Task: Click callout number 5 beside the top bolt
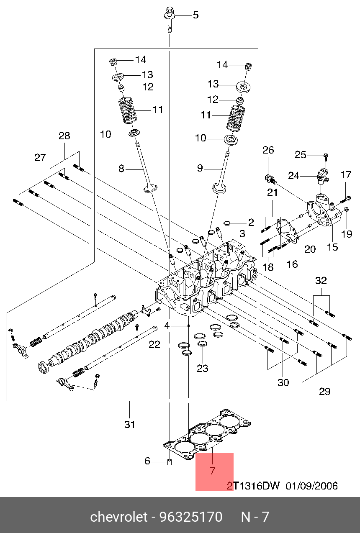pos(195,15)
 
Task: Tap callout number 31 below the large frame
pos(130,424)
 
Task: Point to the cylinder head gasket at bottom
pos(207,437)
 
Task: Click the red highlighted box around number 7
pos(214,471)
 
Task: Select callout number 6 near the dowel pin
pos(147,461)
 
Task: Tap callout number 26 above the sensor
pos(268,150)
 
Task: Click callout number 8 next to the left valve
pos(121,169)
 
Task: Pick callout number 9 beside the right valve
pos(200,168)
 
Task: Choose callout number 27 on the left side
pos(40,158)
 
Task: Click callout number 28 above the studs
pos(64,136)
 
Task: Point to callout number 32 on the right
pos(321,281)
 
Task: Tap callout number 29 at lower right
pos(324,391)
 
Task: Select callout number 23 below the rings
pos(203,368)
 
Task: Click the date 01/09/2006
pos(311,486)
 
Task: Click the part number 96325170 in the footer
pos(190,517)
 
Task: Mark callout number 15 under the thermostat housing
pos(332,247)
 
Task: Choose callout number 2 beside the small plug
pos(251,222)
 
